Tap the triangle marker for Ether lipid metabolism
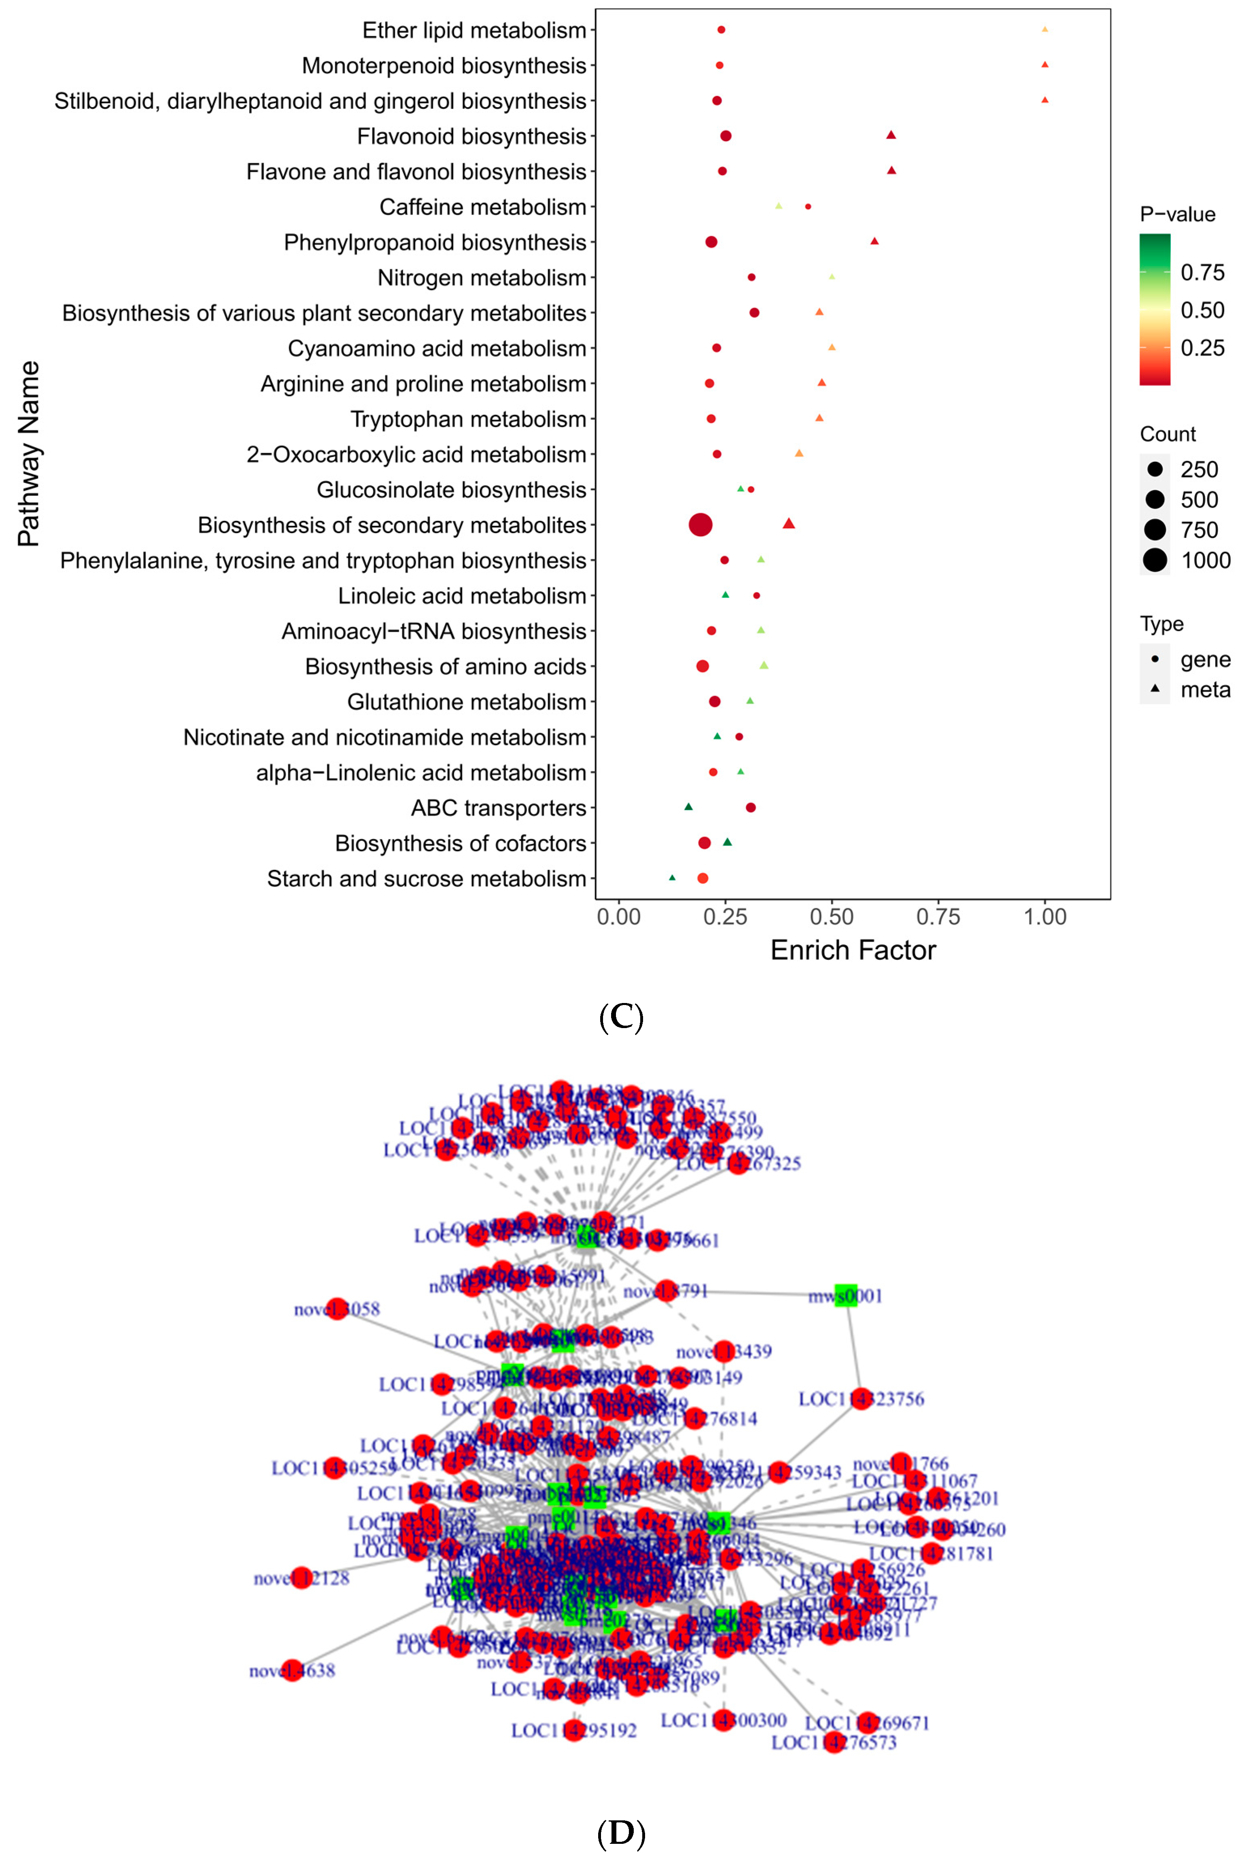point(1045,29)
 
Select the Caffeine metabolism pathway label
point(482,207)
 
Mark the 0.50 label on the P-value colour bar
point(1202,310)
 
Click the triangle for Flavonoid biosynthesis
point(891,135)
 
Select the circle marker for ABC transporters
point(751,807)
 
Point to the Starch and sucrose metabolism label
point(426,878)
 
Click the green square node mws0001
point(845,1295)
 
